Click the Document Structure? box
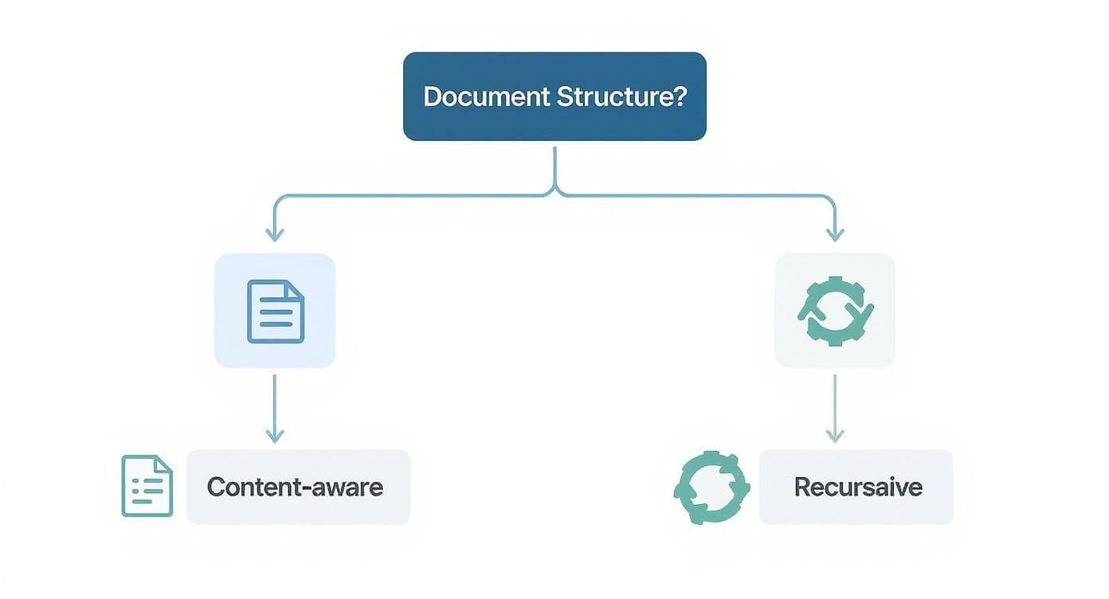554,96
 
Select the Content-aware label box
298,487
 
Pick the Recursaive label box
856,487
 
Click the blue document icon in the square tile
275,311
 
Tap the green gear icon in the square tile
835,311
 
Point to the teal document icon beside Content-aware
147,486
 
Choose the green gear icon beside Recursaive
711,487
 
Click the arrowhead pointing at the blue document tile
275,234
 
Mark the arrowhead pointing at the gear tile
835,234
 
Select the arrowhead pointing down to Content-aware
275,436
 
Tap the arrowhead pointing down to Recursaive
835,436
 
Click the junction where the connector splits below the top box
554,191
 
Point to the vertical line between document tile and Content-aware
275,402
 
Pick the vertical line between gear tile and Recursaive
835,402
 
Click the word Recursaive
858,487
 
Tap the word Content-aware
295,487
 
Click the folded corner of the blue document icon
296,288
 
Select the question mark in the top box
680,97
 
